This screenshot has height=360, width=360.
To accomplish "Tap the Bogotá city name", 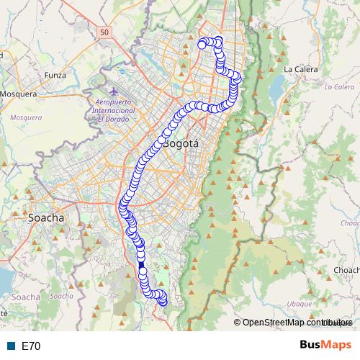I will tap(181, 143).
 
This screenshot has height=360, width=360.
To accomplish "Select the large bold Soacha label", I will tap(45, 217).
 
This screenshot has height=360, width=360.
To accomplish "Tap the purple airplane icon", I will tap(114, 91).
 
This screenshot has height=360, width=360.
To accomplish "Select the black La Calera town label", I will tap(301, 70).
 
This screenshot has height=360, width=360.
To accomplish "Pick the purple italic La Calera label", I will tap(339, 87).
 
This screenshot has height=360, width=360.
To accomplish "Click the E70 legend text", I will tap(31, 346).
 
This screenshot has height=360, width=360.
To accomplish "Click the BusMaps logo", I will tap(325, 346).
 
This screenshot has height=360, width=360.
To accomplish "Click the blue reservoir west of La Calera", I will tap(276, 88).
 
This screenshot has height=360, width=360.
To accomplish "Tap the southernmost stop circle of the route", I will tap(163, 302).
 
